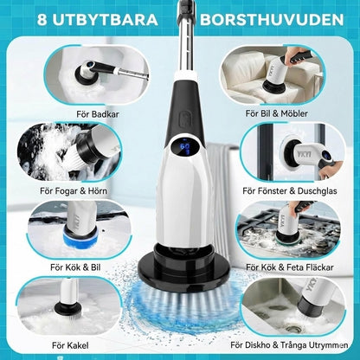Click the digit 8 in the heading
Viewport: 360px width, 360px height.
pyautogui.click(x=42, y=20)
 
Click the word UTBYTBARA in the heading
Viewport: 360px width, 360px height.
pyautogui.click(x=106, y=20)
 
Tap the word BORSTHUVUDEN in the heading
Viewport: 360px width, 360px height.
pyautogui.click(x=272, y=20)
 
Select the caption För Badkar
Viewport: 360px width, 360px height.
pyautogui.click(x=98, y=114)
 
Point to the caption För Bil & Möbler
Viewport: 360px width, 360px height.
pyautogui.click(x=277, y=113)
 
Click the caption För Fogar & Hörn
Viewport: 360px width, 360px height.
pyautogui.click(x=74, y=190)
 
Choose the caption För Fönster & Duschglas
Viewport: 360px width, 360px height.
pyautogui.click(x=290, y=190)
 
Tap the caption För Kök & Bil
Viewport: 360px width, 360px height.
pyautogui.click(x=75, y=267)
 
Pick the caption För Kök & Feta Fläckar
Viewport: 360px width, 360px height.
pyautogui.click(x=290, y=267)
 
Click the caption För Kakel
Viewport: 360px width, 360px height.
pyautogui.click(x=70, y=345)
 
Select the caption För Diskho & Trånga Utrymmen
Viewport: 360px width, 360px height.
pyautogui.click(x=289, y=345)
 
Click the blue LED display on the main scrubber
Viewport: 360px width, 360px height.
pyautogui.click(x=184, y=148)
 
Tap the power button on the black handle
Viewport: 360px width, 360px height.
pyautogui.click(x=184, y=119)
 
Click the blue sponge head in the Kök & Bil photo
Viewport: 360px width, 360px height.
pyautogui.click(x=78, y=237)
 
